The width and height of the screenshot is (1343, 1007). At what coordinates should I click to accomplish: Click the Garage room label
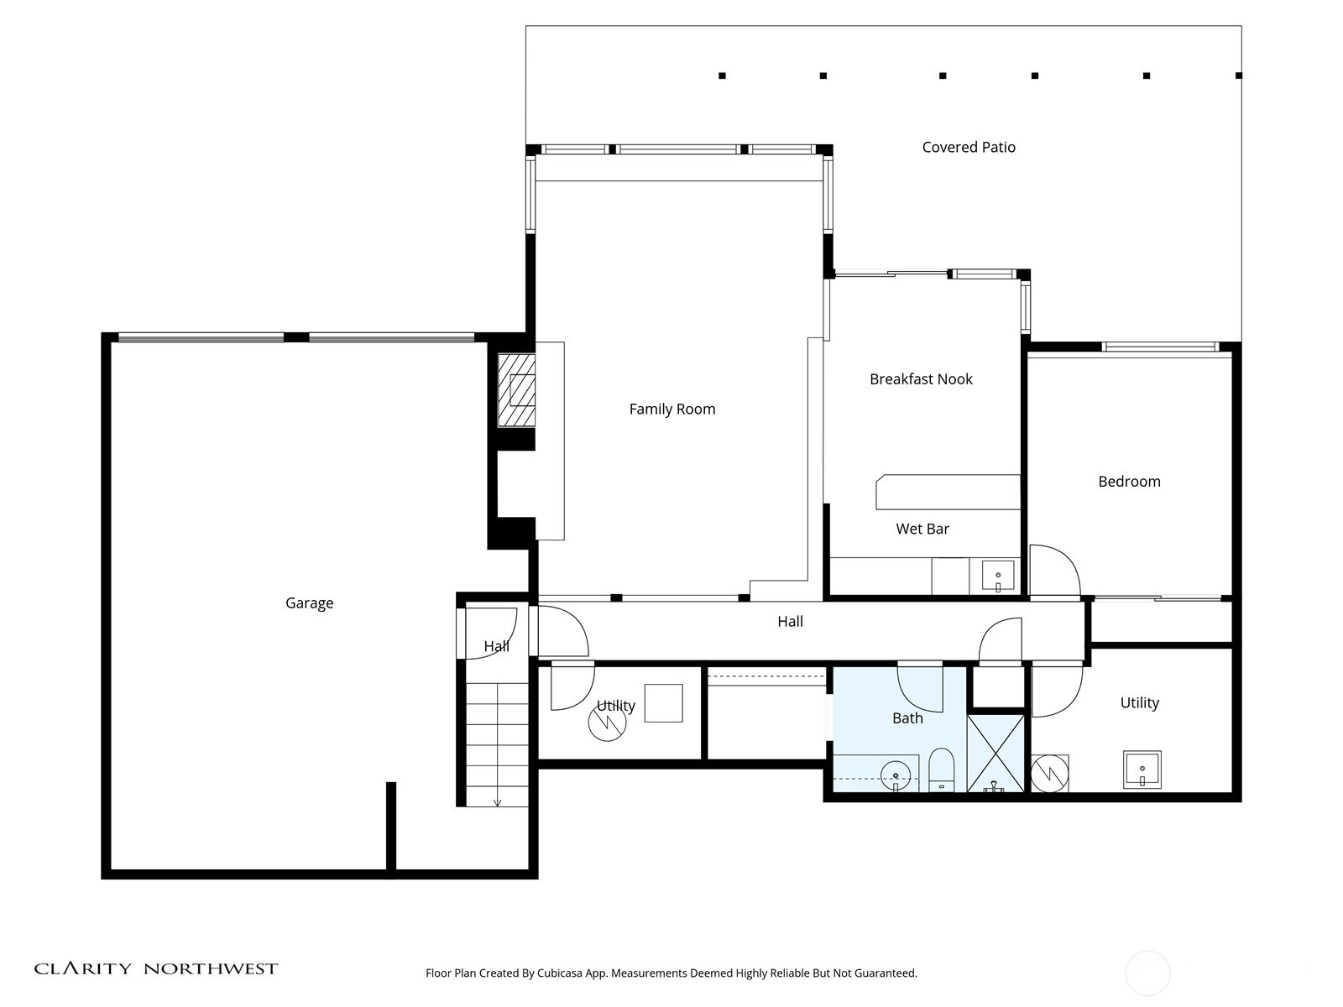[x=309, y=603]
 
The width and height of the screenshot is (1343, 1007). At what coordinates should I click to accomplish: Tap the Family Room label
[x=671, y=409]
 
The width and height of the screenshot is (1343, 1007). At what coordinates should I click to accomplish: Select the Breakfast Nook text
[x=921, y=379]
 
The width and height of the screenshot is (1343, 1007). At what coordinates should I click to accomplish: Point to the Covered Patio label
[x=969, y=147]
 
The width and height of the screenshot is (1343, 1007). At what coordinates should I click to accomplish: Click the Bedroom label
[x=1129, y=481]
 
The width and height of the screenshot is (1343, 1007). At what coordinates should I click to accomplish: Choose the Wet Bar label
[x=922, y=529]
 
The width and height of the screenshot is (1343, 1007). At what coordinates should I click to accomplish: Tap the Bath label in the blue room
[x=907, y=717]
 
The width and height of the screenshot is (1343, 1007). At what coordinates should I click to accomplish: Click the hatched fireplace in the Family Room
[x=516, y=390]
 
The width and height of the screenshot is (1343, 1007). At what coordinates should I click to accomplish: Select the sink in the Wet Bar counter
[x=998, y=576]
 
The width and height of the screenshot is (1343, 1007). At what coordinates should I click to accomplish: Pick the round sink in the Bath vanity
[x=895, y=776]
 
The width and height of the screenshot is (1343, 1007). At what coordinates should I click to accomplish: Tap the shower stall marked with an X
[x=995, y=754]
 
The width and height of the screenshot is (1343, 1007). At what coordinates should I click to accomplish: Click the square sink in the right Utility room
[x=1142, y=770]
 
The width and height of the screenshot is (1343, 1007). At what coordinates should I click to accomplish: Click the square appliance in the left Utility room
[x=663, y=703]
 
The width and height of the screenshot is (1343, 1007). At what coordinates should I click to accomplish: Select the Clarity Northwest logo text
[x=155, y=968]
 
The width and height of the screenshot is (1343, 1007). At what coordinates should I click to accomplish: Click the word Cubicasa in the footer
[x=560, y=973]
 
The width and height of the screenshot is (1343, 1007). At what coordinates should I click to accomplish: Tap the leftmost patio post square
[x=722, y=76]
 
